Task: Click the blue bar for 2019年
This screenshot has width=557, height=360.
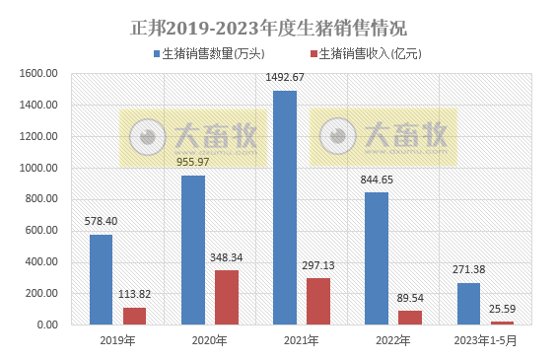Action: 101,279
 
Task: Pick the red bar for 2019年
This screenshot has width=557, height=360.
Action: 135,316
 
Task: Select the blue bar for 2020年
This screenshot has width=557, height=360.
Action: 193,250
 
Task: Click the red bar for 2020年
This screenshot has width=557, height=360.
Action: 227,297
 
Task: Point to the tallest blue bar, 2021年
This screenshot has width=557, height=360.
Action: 285,207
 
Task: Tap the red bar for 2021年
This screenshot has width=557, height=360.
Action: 318,301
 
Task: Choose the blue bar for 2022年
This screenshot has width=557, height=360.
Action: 377,258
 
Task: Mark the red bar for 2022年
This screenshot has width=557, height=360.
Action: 410,318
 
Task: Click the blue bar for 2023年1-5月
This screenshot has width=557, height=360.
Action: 468,304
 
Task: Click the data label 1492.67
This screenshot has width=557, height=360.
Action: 285,77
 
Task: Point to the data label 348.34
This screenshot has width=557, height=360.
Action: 228,257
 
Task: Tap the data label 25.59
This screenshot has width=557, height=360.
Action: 503,309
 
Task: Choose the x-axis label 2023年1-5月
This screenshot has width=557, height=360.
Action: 485,341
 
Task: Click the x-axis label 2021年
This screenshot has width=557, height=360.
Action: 301,341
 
